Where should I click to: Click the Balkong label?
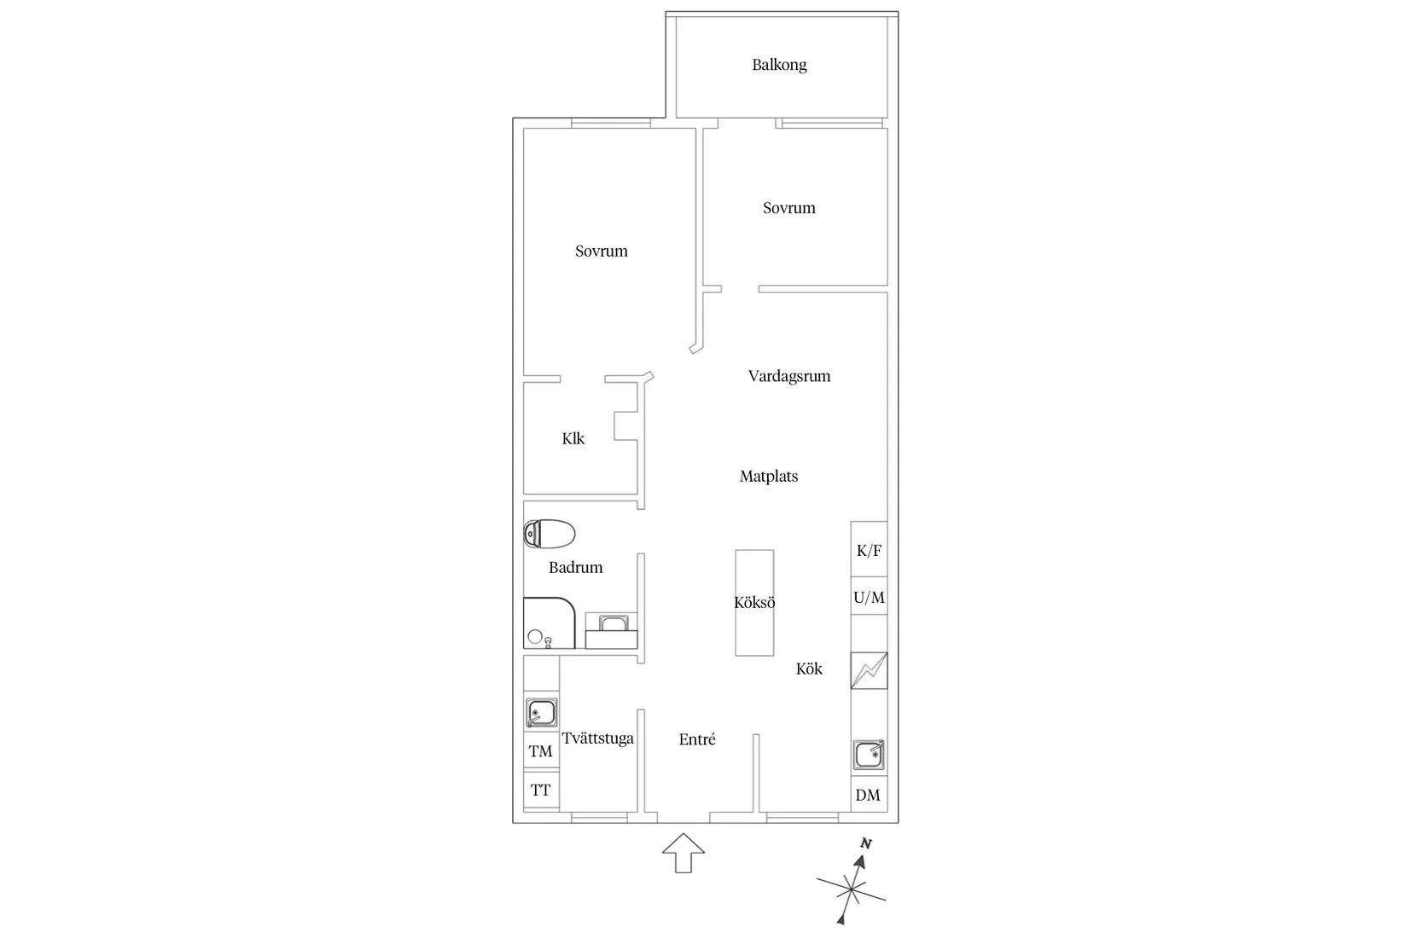778,65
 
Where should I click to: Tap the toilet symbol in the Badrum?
550,535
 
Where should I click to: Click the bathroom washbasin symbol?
612,628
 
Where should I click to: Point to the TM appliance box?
540,751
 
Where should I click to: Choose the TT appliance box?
540,790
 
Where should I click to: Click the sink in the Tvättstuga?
541,712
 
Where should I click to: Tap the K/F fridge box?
869,550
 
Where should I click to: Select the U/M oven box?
869,598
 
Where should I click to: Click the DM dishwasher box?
868,795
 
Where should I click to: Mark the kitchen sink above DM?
869,755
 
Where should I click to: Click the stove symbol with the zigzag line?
869,670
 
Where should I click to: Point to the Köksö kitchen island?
754,602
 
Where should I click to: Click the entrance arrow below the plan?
684,853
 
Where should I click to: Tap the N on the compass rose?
865,843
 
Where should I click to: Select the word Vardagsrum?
788,376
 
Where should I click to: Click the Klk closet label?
573,439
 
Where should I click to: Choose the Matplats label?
768,477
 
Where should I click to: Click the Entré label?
696,740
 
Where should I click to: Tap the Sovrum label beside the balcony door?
788,208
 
